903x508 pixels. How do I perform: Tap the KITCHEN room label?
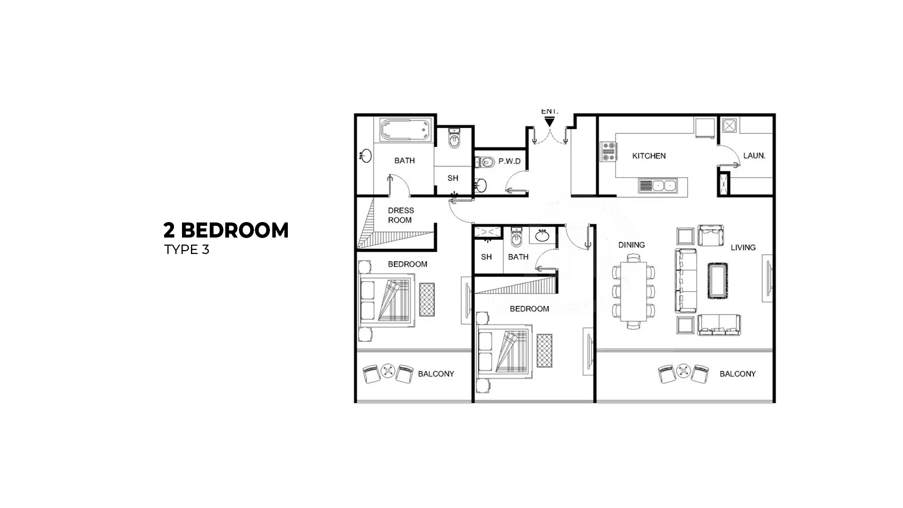(649, 156)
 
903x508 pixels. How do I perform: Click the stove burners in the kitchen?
(609, 151)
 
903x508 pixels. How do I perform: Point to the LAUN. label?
(754, 156)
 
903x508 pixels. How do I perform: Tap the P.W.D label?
(509, 161)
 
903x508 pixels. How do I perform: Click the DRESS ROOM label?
(401, 215)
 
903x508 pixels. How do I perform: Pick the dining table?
(633, 291)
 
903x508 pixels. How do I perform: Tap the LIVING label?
(743, 247)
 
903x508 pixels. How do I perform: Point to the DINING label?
(631, 245)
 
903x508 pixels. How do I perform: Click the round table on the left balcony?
(388, 371)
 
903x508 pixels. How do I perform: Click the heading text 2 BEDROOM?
(226, 230)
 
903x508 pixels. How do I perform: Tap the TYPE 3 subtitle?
(187, 250)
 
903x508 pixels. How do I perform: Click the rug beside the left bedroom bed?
(427, 300)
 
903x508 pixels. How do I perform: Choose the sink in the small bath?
(543, 235)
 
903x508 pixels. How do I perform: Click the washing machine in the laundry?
(729, 126)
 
